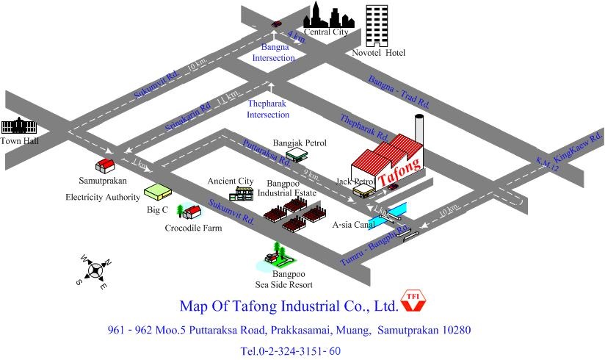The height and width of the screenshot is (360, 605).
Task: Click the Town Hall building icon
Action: point(19,126)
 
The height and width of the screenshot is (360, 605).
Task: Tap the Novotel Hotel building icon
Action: point(377,26)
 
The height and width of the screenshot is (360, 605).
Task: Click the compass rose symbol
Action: point(95,270)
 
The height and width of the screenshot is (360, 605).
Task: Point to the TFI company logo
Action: point(413,301)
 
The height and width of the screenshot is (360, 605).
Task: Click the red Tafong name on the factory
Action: point(399,171)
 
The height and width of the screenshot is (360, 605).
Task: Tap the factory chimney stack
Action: point(419,129)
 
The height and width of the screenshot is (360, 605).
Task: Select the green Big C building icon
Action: point(158,192)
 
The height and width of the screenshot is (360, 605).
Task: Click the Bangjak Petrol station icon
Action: point(297,155)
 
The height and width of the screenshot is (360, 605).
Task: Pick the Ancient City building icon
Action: point(241,194)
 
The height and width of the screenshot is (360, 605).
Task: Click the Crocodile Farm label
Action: point(193,228)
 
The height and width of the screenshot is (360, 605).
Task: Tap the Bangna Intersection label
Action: point(274,53)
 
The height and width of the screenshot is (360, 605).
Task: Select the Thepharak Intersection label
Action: point(268,109)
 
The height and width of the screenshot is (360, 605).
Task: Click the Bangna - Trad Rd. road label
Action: point(399,92)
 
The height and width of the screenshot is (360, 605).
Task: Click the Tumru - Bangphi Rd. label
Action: point(374,245)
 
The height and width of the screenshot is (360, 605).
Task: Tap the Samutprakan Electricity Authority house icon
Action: point(105,165)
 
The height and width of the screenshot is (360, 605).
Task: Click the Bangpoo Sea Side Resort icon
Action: point(276,257)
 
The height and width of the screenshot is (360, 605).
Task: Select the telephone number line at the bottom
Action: point(291,350)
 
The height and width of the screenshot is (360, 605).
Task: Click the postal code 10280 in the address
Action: point(457,330)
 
